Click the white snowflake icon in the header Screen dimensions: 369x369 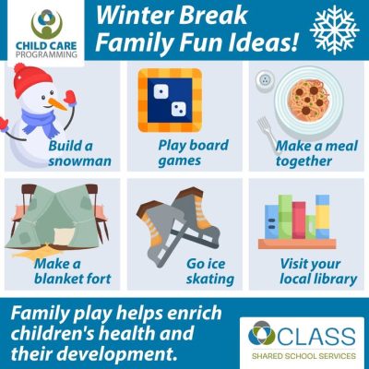335,30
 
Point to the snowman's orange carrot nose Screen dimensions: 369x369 58,103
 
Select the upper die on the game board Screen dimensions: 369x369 161,90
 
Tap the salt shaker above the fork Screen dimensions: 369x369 264,81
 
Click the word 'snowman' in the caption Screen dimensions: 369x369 79,161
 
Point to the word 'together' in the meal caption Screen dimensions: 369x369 304,161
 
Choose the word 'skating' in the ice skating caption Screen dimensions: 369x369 210,280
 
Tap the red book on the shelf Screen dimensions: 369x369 299,220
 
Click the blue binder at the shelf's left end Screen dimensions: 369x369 272,221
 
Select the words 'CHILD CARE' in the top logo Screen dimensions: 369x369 46,46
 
